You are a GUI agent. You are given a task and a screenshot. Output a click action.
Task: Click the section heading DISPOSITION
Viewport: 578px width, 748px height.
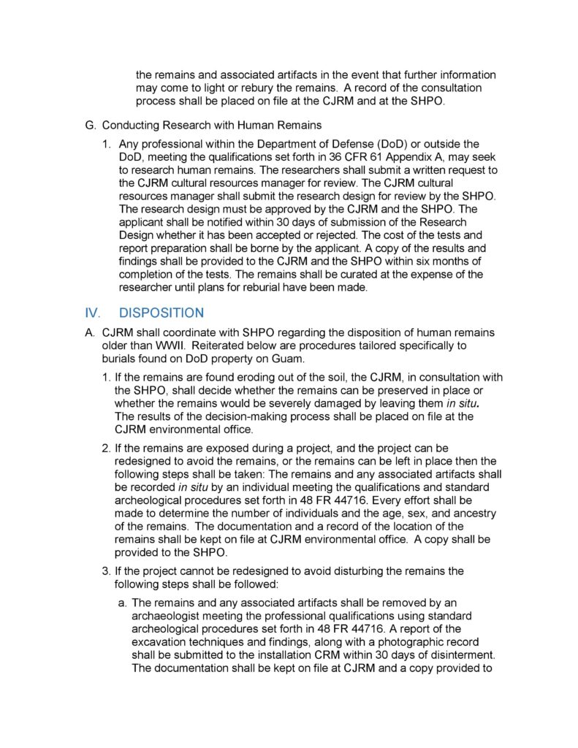161,313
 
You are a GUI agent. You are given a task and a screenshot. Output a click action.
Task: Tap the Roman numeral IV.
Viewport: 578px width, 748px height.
92,313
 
